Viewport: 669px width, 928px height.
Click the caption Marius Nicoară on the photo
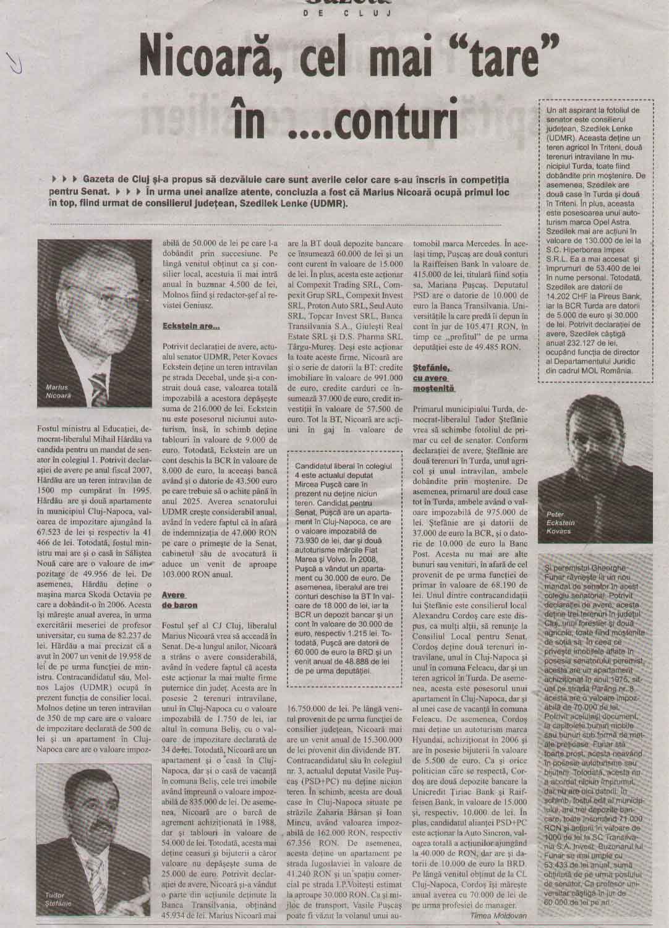tap(59, 390)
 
